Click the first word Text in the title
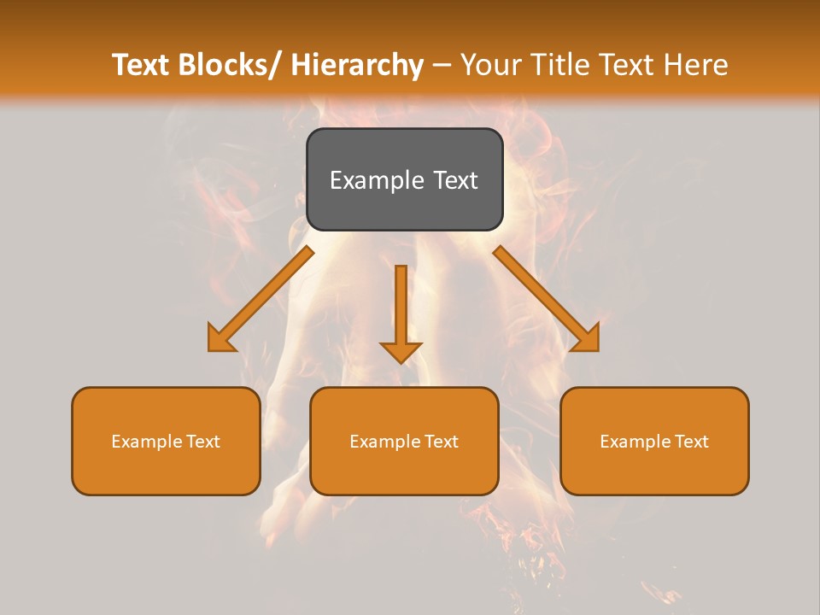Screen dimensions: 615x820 pos(141,65)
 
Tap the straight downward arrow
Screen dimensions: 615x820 pos(401,307)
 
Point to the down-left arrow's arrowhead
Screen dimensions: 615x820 pos(220,340)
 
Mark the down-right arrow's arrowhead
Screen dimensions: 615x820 pos(588,339)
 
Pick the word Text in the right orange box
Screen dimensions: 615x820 pos(692,442)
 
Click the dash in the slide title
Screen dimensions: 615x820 pos(442,65)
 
